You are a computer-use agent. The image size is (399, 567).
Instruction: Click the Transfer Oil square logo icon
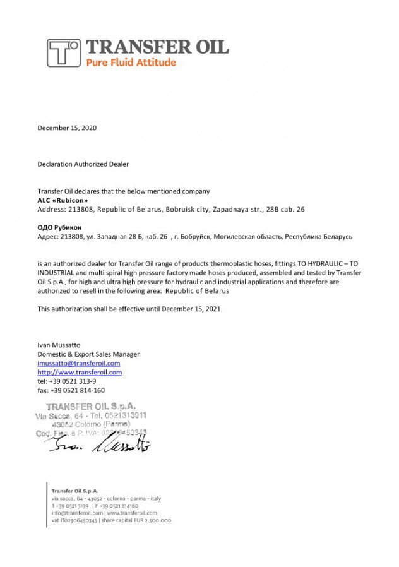[64, 52]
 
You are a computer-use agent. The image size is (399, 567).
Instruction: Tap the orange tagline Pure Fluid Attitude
[131, 63]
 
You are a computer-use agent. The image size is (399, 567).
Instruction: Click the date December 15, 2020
[67, 128]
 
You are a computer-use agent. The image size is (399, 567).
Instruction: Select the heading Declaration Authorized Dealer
[83, 164]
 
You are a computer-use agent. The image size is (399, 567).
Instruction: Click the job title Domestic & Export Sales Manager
[88, 354]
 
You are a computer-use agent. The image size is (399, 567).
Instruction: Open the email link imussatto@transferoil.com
[79, 364]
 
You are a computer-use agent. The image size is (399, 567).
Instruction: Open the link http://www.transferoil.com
[80, 373]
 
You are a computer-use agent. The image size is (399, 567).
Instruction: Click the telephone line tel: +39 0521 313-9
[67, 381]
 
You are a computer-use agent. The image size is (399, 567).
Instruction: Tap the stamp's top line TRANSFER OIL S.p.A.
[92, 407]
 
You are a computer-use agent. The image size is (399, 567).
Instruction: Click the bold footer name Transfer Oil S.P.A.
[74, 491]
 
